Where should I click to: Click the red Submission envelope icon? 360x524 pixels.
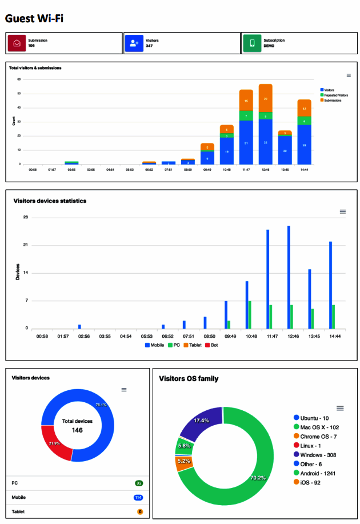pos(17,43)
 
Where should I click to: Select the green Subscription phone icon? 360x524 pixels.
pos(251,43)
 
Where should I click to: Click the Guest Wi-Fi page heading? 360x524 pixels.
pos(34,18)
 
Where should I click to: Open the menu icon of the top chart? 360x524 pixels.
pos(349,75)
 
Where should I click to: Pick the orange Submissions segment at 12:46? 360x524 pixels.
pos(265,98)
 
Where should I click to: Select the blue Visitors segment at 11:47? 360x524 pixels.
pos(246,142)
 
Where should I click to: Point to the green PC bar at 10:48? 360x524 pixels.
pos(250,314)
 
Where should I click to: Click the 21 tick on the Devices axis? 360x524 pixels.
pos(26,245)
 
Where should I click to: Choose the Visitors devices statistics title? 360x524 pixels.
pos(50,201)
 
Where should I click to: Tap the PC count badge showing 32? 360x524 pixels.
pos(139,483)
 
